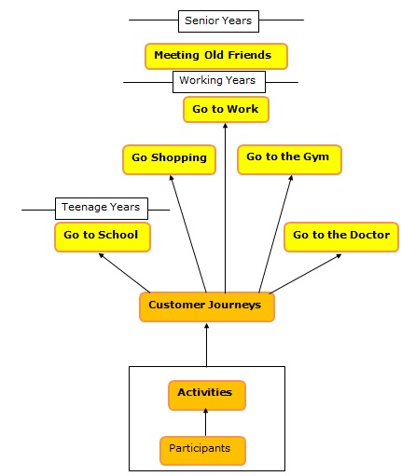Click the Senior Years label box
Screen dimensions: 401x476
point(218,21)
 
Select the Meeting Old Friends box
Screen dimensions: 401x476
point(216,56)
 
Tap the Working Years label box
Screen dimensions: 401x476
point(219,82)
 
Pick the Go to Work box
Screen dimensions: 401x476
point(226,109)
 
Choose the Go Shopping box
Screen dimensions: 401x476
point(169,159)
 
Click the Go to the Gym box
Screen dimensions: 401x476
point(289,159)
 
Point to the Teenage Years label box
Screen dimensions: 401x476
point(102,209)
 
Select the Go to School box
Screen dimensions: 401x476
point(103,237)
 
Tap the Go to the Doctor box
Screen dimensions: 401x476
point(341,237)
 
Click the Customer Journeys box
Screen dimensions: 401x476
point(207,306)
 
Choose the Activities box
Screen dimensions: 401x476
point(207,395)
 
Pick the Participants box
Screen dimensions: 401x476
point(202,451)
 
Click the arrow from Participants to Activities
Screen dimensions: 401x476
point(205,422)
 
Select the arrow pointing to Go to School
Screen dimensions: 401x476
point(124,273)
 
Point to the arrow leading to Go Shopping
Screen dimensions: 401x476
point(187,234)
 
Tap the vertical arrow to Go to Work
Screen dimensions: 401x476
point(226,208)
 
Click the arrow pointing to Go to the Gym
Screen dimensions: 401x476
point(276,234)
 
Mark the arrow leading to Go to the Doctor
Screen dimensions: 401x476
point(306,274)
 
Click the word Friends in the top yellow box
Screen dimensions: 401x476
point(250,55)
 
